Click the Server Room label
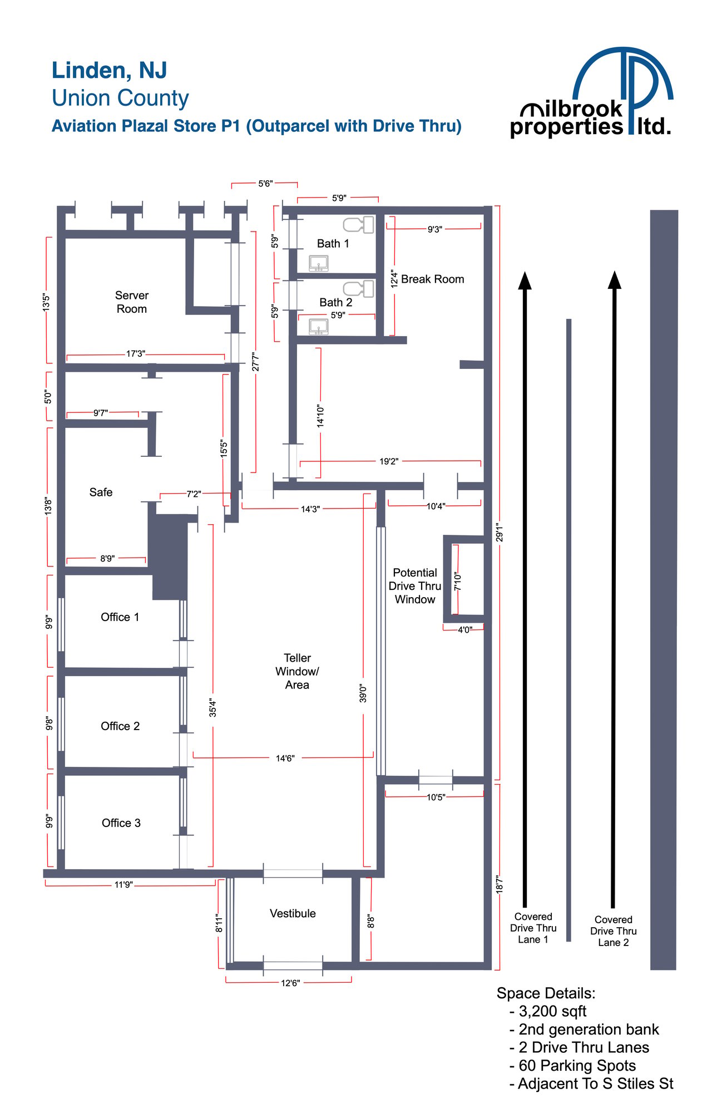tap(132, 302)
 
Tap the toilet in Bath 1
tap(358, 225)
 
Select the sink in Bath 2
tap(319, 327)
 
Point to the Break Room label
tap(432, 279)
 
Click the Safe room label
tap(101, 493)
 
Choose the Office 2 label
tap(120, 726)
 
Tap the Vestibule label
tap(293, 913)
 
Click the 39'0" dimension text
tap(363, 693)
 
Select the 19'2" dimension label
tap(389, 461)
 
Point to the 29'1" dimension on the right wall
tap(500, 533)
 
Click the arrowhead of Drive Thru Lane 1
tap(525, 280)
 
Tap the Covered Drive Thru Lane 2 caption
tap(614, 931)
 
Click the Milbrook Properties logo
tap(592, 92)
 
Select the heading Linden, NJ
tap(109, 71)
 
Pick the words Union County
tap(120, 98)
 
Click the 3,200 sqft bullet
tap(548, 1011)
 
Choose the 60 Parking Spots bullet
tap(572, 1065)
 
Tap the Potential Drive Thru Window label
tap(415, 586)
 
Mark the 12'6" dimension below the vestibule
tap(290, 983)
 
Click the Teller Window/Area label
tap(297, 671)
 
